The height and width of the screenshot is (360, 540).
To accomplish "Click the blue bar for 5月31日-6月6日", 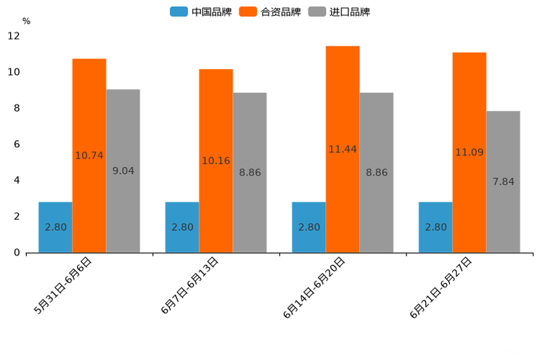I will pos(55,227).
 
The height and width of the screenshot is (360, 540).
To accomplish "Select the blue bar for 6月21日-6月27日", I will pos(435,227).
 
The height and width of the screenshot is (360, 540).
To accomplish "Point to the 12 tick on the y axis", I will pos(14,36).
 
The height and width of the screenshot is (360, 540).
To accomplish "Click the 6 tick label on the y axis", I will pos(16,144).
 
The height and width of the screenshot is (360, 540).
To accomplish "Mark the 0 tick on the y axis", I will pos(16,253).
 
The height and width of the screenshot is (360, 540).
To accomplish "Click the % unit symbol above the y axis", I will pos(26,21).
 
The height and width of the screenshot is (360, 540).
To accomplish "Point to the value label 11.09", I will pos(469,152).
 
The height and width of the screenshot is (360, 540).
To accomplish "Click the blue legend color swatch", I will pos(179,12).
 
